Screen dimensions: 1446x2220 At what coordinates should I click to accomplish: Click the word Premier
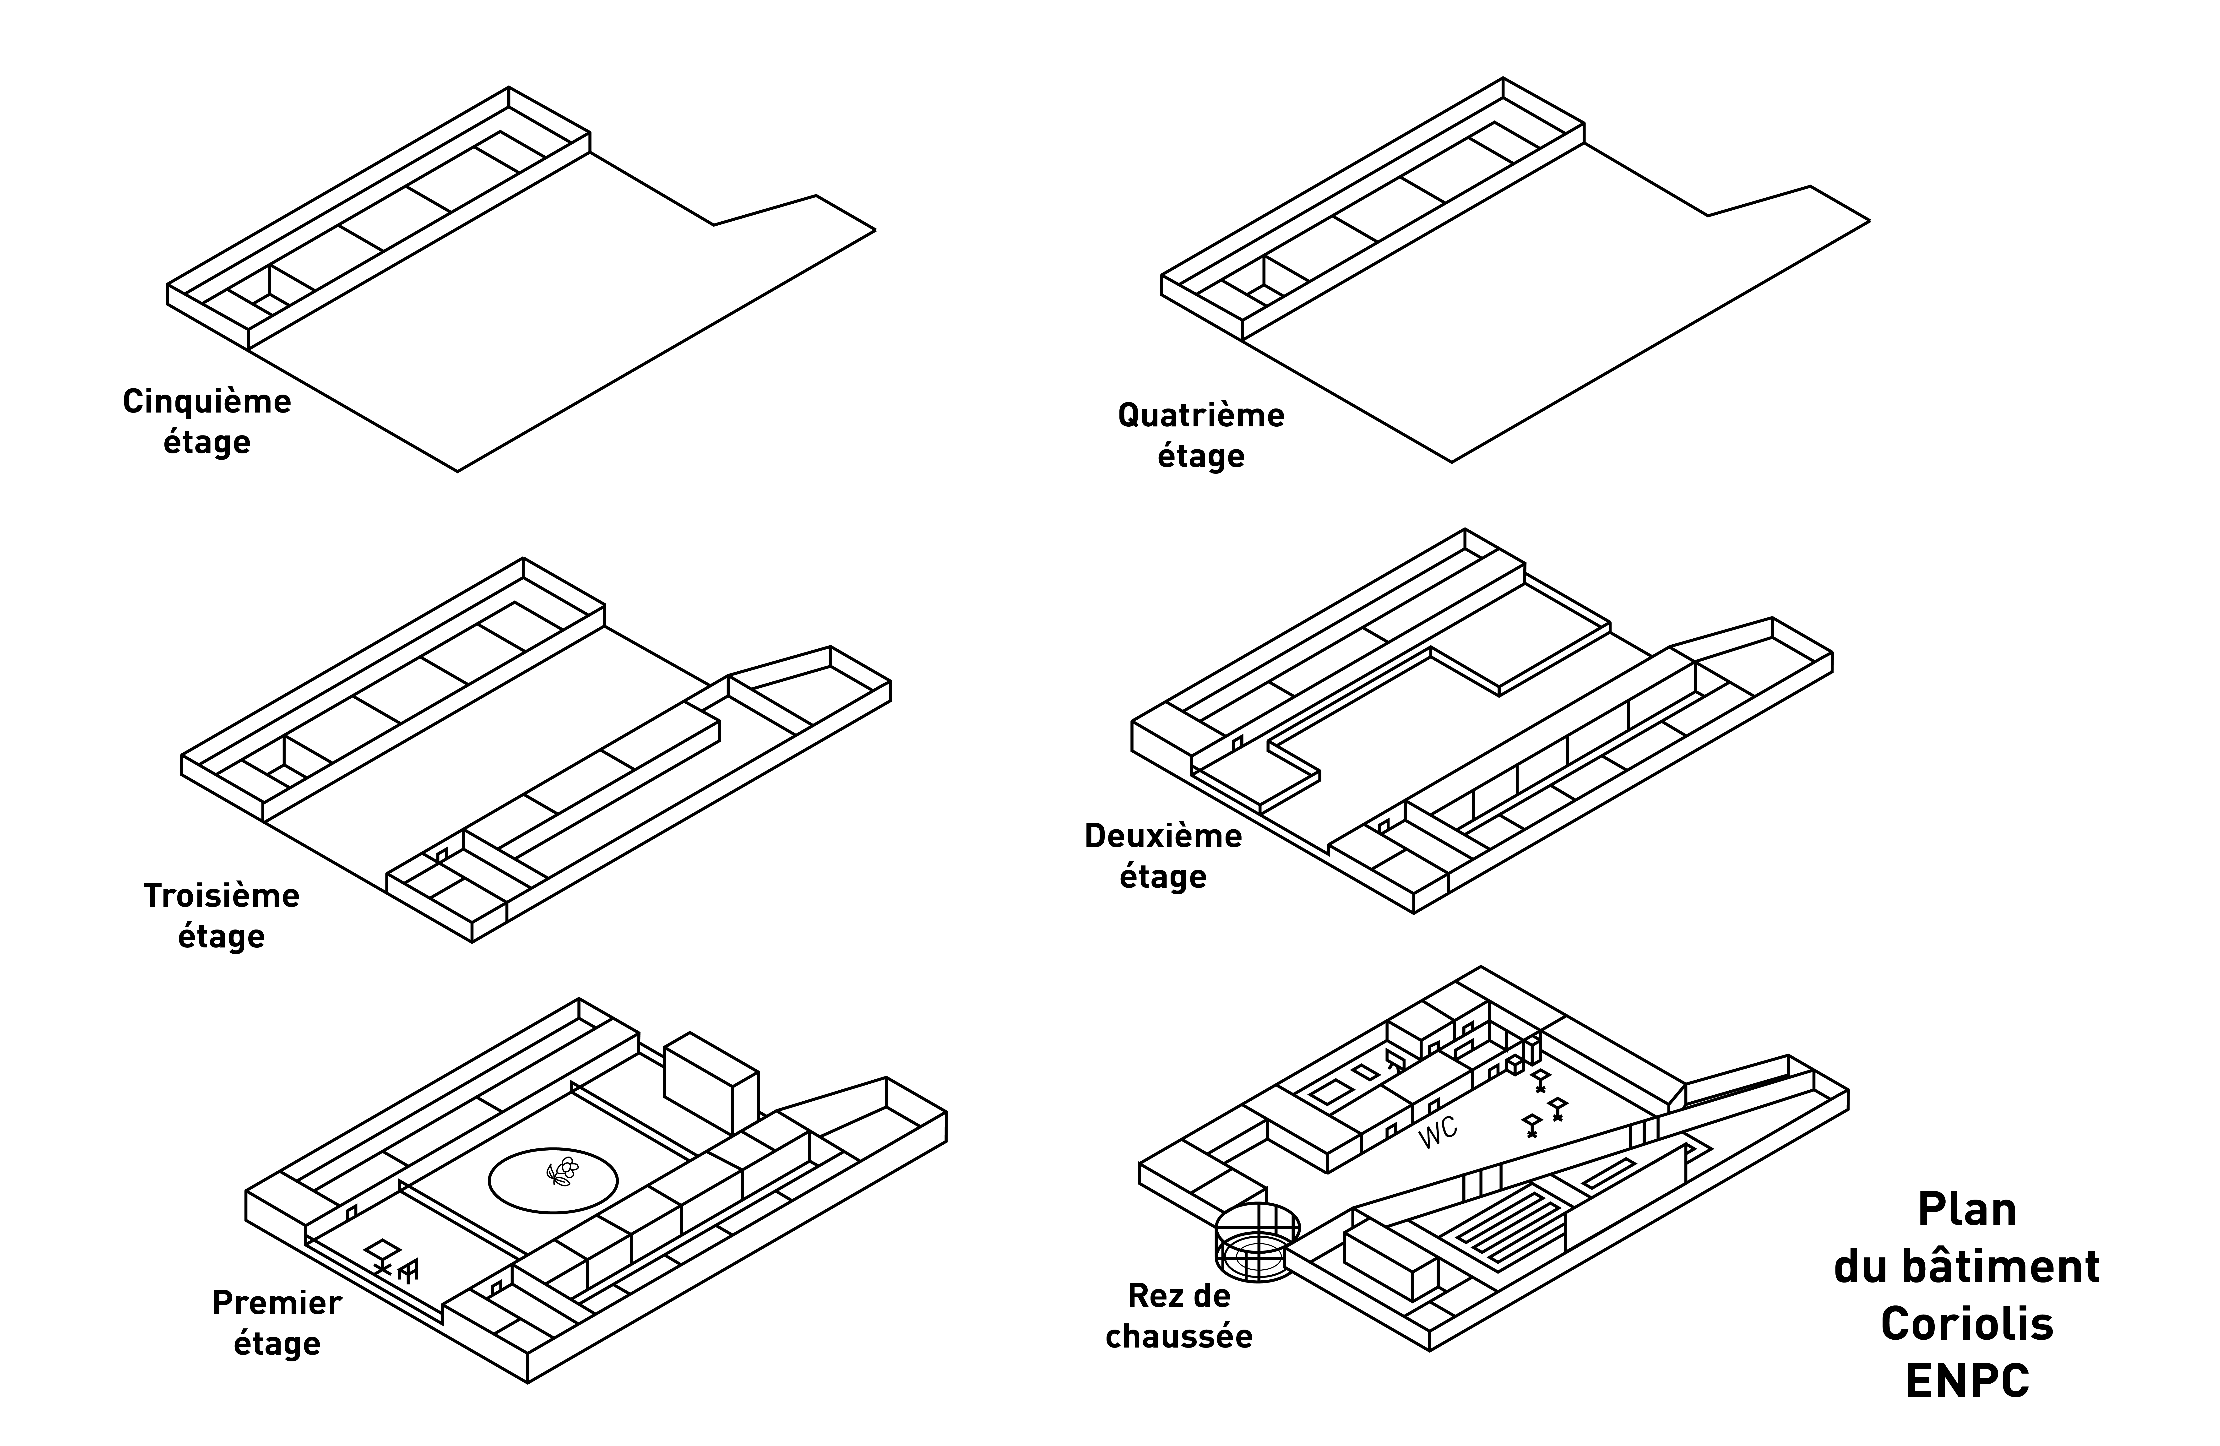pos(277,1302)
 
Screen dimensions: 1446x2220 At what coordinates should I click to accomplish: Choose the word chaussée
pos(1179,1336)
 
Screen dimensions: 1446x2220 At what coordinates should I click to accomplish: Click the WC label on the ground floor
pos(1437,1133)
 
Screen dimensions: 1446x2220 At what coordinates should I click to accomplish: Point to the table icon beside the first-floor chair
pos(382,1253)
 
